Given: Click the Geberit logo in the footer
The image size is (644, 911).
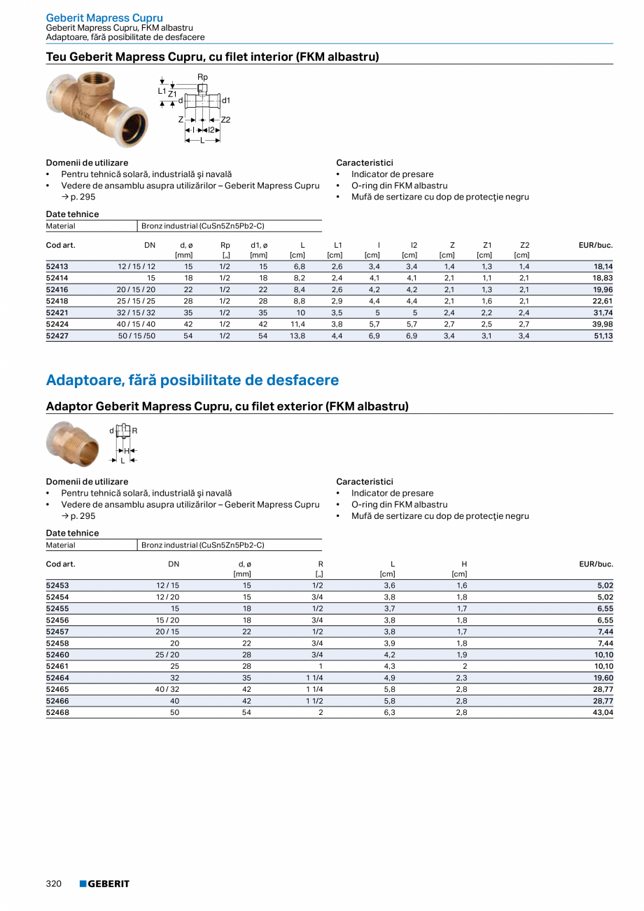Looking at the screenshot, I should (104, 884).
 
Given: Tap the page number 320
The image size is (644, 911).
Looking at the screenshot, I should (54, 884).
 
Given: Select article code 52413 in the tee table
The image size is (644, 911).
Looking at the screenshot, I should (57, 267).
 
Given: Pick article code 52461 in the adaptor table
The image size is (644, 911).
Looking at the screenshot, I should (57, 666).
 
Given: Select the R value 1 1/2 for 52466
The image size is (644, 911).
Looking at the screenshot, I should (314, 701).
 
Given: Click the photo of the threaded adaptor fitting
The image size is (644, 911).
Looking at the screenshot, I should (73, 444).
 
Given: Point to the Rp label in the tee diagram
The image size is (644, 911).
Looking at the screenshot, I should (202, 77).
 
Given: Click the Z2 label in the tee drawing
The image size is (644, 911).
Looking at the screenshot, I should (225, 120).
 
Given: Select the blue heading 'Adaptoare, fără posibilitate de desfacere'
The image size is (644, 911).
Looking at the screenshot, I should (192, 380).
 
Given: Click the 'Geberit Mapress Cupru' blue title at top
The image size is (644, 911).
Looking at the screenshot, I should (104, 18).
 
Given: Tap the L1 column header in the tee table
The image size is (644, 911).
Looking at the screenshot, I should (337, 245).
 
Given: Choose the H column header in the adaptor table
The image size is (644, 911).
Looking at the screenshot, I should (464, 564).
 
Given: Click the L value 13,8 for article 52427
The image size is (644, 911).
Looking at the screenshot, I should (297, 336).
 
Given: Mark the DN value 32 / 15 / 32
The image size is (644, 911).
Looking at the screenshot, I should (136, 313).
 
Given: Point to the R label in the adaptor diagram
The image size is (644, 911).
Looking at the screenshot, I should (134, 431).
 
